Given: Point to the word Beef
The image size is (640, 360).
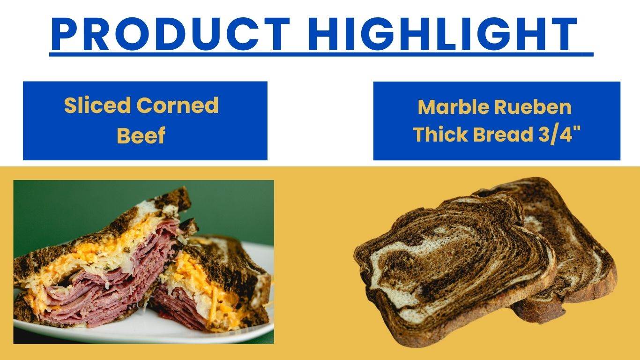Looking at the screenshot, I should coord(141,135).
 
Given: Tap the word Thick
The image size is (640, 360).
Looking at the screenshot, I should coord(440,135).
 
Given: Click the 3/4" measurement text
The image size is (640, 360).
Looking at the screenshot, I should coord(558,135).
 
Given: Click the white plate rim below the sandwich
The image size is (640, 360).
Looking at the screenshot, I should coord(141,335).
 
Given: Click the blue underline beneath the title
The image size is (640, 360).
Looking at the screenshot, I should coord(321,54).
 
